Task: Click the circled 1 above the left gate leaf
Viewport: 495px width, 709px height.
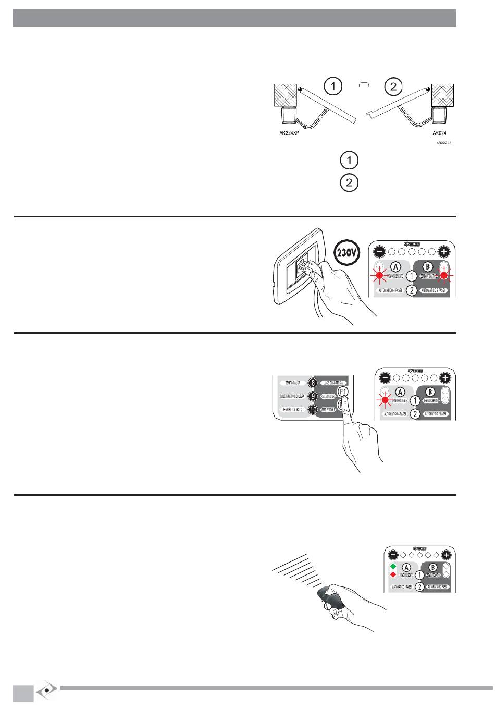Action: pos(332,86)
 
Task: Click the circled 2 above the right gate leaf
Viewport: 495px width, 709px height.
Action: pos(393,86)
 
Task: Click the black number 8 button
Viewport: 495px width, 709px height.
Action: pos(312,383)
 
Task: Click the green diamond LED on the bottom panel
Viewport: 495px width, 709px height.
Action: pos(393,566)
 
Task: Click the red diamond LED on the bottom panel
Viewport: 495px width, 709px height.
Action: pos(393,575)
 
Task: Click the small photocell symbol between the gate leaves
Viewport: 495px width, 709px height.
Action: pos(364,85)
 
